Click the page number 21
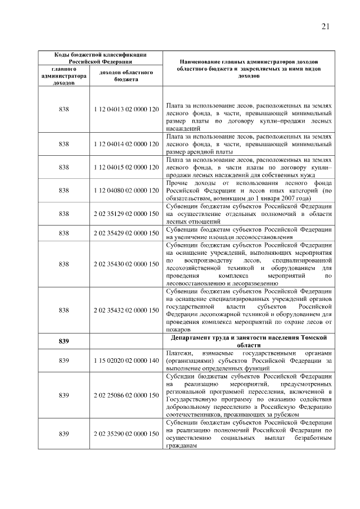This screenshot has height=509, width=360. tap(326, 26)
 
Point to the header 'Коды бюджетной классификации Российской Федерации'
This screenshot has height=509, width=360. tap(100, 58)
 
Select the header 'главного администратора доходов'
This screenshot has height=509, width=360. tap(64, 75)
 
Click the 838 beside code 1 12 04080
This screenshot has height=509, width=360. tap(64, 191)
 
